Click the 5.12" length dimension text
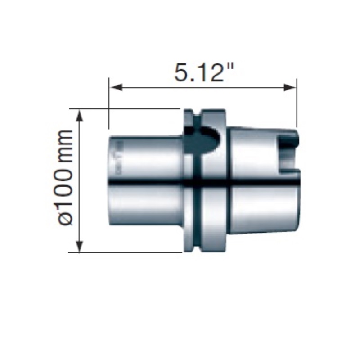(204, 72)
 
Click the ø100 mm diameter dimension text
(65, 177)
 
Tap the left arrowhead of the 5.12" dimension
(116, 87)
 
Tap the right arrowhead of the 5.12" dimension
(289, 87)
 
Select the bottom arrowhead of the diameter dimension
(80, 246)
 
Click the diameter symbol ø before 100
(65, 218)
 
